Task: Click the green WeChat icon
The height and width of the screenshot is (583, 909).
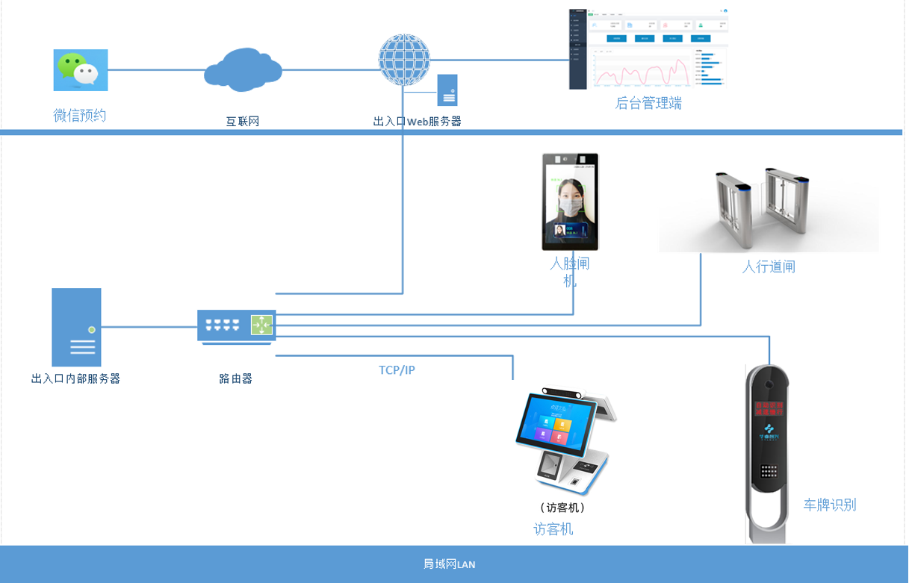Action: tap(80, 69)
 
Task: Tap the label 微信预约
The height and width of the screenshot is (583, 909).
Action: tap(80, 115)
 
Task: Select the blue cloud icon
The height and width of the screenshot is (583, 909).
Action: tap(243, 69)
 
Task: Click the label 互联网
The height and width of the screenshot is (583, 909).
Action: tap(243, 121)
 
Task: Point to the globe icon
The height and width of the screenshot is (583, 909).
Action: tap(404, 60)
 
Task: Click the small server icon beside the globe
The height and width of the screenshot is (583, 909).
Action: tap(447, 90)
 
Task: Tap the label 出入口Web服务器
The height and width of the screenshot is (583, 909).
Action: tap(417, 121)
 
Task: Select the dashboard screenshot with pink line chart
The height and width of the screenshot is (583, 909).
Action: tap(648, 49)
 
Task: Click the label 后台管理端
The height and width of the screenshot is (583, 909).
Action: tap(648, 103)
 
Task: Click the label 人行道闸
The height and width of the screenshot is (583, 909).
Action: tap(768, 266)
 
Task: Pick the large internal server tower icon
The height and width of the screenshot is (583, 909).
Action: tap(76, 327)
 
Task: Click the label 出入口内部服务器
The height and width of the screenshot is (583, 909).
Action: tap(75, 378)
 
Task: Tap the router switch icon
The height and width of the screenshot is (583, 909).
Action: tap(236, 325)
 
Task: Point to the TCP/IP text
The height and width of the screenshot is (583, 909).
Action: tap(397, 370)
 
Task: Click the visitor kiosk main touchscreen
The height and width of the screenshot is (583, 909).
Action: tap(556, 427)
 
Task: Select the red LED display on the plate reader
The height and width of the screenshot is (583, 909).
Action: tap(769, 408)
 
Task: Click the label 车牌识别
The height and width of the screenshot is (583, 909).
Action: tap(829, 505)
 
